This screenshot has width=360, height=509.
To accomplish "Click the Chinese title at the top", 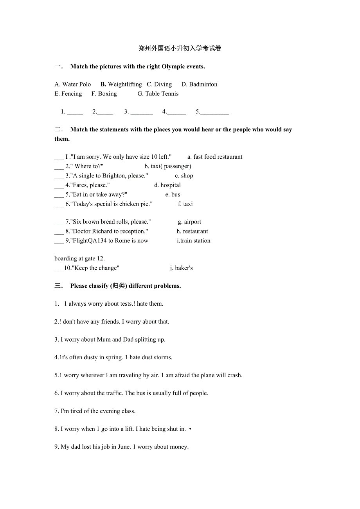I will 180,48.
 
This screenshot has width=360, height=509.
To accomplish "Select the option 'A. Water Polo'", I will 73,84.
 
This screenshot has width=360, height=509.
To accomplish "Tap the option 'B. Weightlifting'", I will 121,84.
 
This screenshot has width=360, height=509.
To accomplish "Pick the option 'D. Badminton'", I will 199,84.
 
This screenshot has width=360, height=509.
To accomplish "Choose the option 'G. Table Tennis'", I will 158,93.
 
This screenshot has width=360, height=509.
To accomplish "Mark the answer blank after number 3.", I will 142,112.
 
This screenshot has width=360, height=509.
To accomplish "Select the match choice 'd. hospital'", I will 167,185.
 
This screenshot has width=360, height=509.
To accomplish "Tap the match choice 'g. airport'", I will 189,222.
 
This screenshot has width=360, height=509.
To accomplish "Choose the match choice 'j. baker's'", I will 181,268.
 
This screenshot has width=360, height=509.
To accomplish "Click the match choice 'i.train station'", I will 194,240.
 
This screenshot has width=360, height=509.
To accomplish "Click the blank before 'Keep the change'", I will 59,269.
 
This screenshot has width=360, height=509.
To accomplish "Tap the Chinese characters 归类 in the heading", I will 118,286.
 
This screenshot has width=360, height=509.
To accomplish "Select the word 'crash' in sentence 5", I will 234,375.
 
